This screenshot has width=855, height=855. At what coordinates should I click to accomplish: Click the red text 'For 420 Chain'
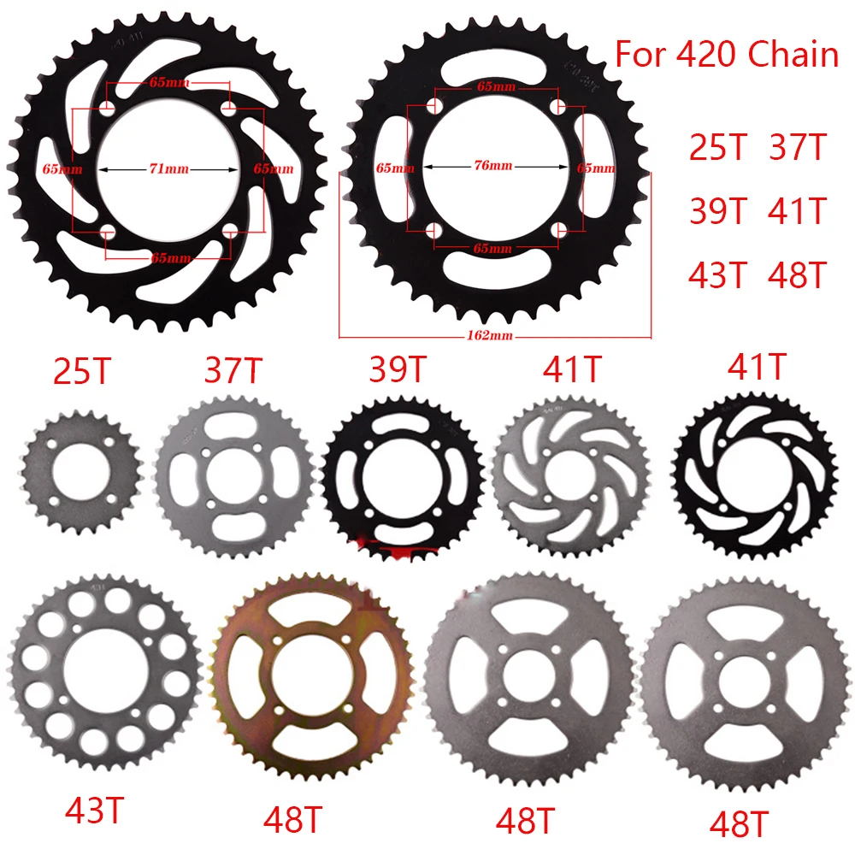(x=727, y=55)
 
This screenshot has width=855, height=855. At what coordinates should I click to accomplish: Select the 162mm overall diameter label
(x=495, y=335)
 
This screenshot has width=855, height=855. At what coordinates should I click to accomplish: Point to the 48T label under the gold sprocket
(x=293, y=820)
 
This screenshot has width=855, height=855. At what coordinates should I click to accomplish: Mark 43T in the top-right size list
(x=718, y=274)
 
